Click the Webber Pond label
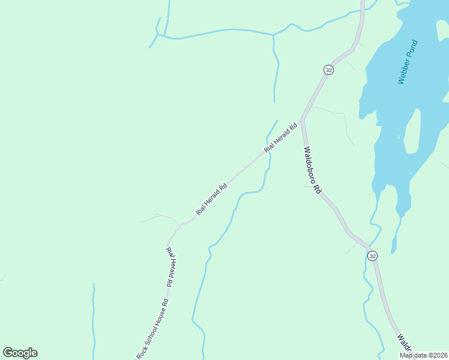pos(408,62)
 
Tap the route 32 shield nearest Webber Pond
pos(328,70)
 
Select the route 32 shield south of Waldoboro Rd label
pos(373,256)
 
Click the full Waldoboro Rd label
pos(312,171)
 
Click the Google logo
pos(20,353)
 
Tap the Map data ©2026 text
pos(423,355)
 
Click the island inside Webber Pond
pos(412,132)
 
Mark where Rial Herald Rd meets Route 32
pos(302,118)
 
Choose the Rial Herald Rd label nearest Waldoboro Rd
pos(281,137)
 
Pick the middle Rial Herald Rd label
pos(211,199)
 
